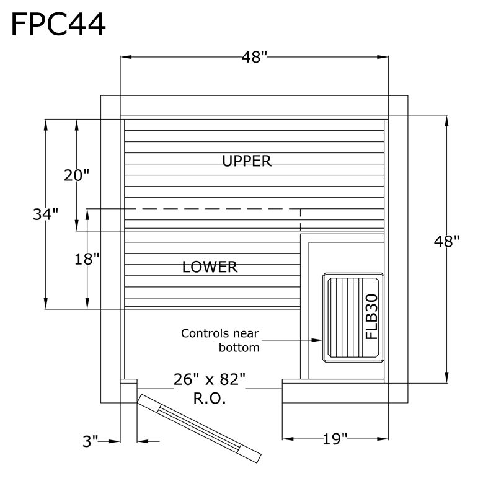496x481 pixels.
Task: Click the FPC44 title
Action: click(x=58, y=24)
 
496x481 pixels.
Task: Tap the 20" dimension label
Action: click(x=77, y=175)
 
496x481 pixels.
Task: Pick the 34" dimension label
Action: click(x=46, y=214)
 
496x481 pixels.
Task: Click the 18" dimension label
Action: click(x=87, y=259)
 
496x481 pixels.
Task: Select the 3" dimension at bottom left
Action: click(x=91, y=441)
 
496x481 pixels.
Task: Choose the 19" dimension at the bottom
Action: click(x=335, y=440)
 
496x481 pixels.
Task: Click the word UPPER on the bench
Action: click(x=247, y=161)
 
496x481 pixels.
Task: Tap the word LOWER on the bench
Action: click(x=210, y=267)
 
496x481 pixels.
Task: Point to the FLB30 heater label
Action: click(x=371, y=316)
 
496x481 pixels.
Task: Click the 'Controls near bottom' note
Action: click(x=220, y=340)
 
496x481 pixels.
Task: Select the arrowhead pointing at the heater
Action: click(x=317, y=340)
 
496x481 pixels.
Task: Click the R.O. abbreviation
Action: click(x=210, y=398)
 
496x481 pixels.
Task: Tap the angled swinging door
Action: click(x=198, y=428)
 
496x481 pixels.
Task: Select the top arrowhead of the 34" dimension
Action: click(x=46, y=123)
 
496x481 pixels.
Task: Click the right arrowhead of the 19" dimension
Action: click(x=383, y=440)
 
